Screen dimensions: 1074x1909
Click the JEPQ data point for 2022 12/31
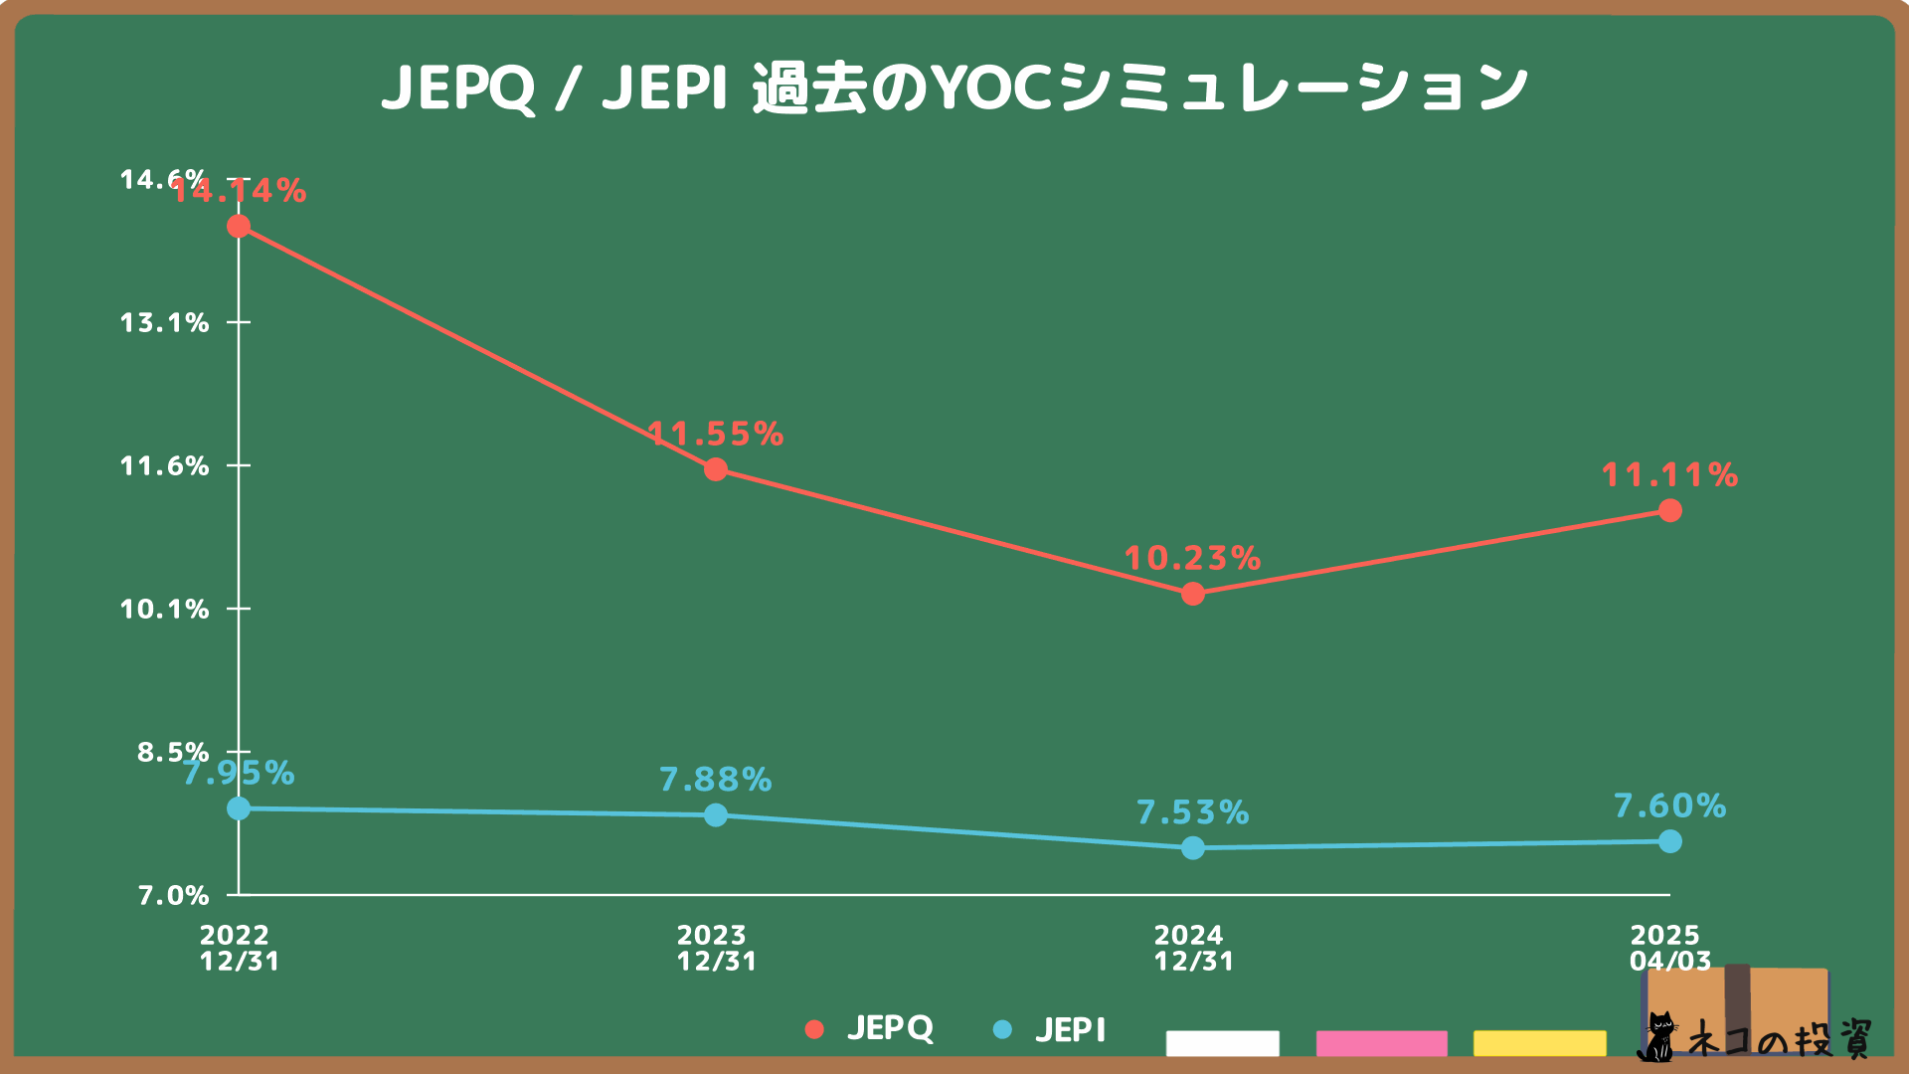click(x=239, y=227)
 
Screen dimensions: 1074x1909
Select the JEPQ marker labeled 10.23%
click(x=1193, y=594)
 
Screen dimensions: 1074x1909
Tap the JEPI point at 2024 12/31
click(x=1193, y=847)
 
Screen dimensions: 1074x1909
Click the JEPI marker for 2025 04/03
click(x=1670, y=841)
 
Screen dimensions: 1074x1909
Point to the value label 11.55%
click(x=716, y=434)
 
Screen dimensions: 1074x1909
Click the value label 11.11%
click(x=1670, y=475)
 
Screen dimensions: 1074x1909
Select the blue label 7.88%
click(x=716, y=780)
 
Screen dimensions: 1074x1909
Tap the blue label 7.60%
click(x=1670, y=805)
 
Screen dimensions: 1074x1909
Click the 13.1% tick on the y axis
click(x=165, y=322)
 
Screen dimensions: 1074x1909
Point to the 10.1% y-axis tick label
click(x=165, y=609)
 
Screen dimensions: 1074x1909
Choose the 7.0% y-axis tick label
click(x=173, y=895)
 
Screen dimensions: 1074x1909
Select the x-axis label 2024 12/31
click(x=1193, y=948)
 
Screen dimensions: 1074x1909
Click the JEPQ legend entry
click(x=870, y=1028)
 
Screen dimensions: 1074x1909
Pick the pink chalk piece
click(x=1381, y=1042)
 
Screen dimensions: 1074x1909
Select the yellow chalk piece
click(x=1539, y=1042)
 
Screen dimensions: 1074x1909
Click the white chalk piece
click(x=1222, y=1042)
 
